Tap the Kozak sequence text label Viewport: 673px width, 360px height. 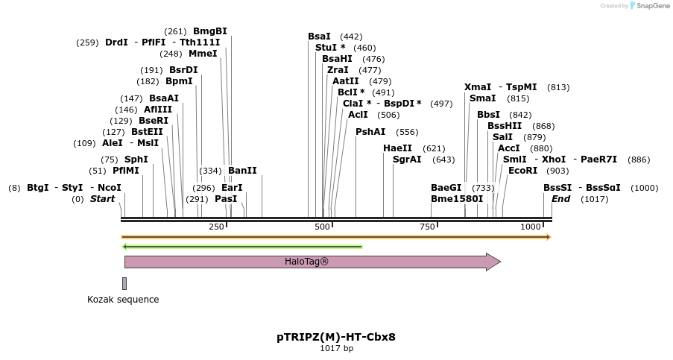123,300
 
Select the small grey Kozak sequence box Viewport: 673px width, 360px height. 124,283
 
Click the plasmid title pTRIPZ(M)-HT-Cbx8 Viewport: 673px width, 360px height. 336,337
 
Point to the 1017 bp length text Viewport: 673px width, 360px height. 336,348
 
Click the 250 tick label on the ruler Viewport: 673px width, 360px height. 216,227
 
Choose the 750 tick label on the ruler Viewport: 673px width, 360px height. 427,227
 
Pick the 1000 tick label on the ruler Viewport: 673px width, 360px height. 531,227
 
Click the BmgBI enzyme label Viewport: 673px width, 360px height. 210,31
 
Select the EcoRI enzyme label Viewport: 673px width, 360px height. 522,171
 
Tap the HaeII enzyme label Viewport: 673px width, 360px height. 398,148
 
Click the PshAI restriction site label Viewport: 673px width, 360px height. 370,132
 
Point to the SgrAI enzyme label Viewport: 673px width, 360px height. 407,160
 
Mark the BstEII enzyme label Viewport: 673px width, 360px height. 147,132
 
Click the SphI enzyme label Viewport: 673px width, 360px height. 136,160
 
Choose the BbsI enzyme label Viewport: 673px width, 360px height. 489,115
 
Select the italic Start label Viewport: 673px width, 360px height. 103,199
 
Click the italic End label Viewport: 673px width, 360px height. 560,199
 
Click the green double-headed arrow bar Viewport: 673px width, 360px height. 242,246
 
